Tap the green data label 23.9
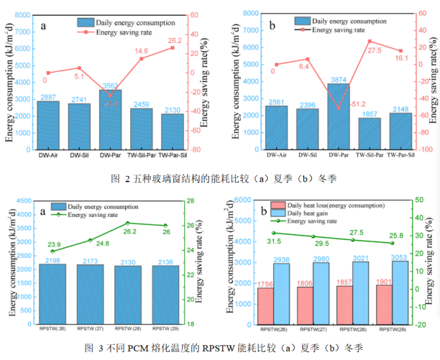coord(54,244)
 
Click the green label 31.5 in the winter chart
coord(274,241)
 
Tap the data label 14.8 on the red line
coord(141,51)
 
